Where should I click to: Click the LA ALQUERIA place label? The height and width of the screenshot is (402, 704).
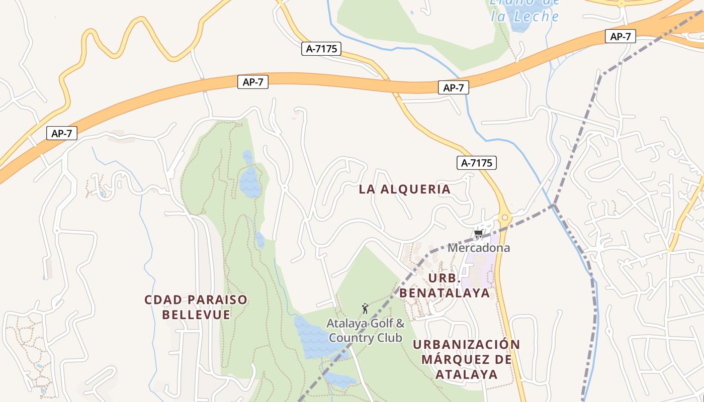pos(404,189)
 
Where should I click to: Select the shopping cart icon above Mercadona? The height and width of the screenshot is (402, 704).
pos(478,234)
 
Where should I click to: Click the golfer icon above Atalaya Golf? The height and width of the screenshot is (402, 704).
pos(365,308)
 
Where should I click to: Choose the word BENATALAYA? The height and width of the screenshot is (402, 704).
pos(445,293)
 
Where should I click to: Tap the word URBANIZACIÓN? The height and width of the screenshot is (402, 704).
pos(466,345)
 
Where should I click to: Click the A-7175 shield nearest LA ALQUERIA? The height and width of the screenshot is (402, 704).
pos(476,163)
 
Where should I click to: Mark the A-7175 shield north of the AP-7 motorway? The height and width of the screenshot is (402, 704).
pos(321,49)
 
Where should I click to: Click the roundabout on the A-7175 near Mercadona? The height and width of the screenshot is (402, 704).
pos(505,218)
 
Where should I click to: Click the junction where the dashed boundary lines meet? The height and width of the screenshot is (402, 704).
pos(554,205)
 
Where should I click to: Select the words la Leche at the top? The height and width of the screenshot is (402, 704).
pos(525,16)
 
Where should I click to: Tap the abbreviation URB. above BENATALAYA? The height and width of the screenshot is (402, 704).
pos(445,278)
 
